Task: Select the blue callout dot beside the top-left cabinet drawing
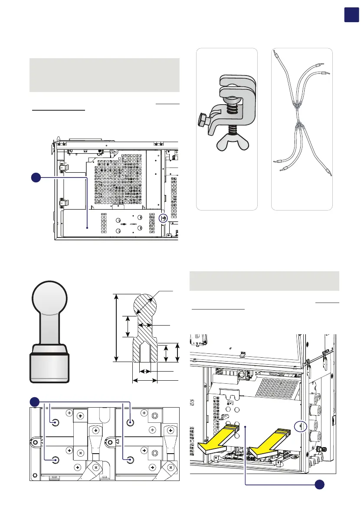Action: point(36,178)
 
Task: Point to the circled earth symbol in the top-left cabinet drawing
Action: point(164,218)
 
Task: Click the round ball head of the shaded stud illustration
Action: point(49,298)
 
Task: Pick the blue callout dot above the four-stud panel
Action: point(35,402)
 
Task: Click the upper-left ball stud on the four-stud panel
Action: point(55,422)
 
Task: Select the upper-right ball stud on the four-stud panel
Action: point(131,422)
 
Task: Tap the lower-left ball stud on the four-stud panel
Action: point(55,459)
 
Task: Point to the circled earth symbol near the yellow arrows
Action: point(300,425)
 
